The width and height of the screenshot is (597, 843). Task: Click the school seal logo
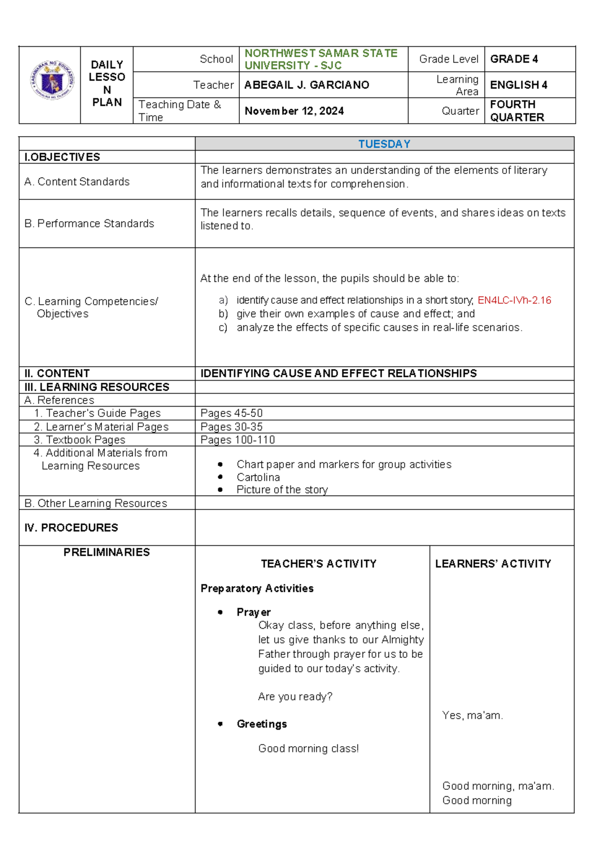pyautogui.click(x=52, y=80)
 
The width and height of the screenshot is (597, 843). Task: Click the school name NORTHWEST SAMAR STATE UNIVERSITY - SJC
pyautogui.click(x=321, y=59)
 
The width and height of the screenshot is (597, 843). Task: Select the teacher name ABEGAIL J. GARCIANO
pyautogui.click(x=306, y=85)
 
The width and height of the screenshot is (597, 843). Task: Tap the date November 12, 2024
pyautogui.click(x=294, y=111)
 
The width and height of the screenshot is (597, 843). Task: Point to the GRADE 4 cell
pyautogui.click(x=514, y=59)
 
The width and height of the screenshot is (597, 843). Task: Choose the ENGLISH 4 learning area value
pyautogui.click(x=518, y=85)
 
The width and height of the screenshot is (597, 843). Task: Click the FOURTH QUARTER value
pyautogui.click(x=517, y=111)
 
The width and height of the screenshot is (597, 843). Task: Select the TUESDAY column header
pyautogui.click(x=384, y=144)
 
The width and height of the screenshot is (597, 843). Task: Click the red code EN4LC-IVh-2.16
pyautogui.click(x=514, y=300)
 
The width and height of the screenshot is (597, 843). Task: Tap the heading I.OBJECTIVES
pyautogui.click(x=62, y=157)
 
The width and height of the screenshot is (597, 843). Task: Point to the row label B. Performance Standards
pyautogui.click(x=89, y=224)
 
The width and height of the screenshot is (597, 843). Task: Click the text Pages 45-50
pyautogui.click(x=231, y=413)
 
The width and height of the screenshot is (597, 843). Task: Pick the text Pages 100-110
pyautogui.click(x=237, y=440)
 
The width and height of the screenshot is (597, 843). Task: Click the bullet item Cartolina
pyautogui.click(x=258, y=477)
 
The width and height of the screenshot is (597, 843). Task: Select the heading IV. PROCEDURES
pyautogui.click(x=71, y=527)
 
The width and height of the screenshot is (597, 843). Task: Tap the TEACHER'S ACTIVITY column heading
pyautogui.click(x=318, y=564)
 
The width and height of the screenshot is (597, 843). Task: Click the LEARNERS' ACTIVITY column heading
pyautogui.click(x=493, y=564)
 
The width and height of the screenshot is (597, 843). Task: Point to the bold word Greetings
pyautogui.click(x=262, y=724)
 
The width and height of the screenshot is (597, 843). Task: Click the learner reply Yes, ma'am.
pyautogui.click(x=472, y=715)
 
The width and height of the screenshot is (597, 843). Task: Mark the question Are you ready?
pyautogui.click(x=295, y=696)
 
